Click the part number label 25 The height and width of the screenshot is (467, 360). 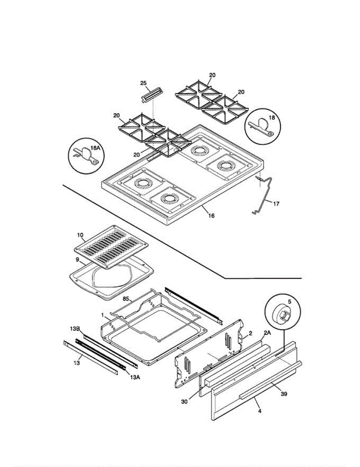(x=143, y=84)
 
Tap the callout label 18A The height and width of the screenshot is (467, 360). (x=95, y=148)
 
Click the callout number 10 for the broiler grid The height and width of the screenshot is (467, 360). (x=80, y=235)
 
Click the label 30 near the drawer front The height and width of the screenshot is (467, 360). (x=184, y=401)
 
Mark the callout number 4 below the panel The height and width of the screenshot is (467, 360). (x=260, y=411)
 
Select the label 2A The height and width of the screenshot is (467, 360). (x=267, y=333)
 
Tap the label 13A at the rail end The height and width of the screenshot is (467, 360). (x=133, y=376)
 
